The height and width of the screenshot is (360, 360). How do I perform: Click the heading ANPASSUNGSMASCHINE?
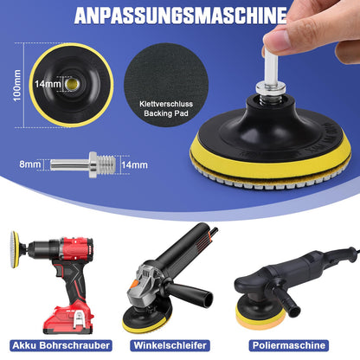pos(181,16)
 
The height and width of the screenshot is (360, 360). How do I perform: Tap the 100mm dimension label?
pos(17,86)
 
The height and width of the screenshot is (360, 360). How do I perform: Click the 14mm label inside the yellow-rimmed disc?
pos(48,84)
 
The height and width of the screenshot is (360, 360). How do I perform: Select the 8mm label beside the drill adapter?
pos(30,164)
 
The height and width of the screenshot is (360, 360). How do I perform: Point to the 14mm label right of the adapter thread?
pos(134,165)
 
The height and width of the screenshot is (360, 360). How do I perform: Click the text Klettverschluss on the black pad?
pos(166,104)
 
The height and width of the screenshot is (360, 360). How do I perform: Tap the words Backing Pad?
pos(166,113)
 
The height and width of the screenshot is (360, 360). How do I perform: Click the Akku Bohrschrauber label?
pos(61,345)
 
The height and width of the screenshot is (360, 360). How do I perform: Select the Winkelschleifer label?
pos(170,345)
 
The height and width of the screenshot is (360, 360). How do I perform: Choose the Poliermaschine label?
pos(289,345)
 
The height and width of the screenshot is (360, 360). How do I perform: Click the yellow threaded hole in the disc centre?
pos(71,84)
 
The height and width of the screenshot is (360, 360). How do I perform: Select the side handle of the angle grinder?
pos(189,293)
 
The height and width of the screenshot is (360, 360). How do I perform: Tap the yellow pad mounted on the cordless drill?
pos(15,249)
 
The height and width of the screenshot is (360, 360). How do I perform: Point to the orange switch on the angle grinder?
pos(134,285)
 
